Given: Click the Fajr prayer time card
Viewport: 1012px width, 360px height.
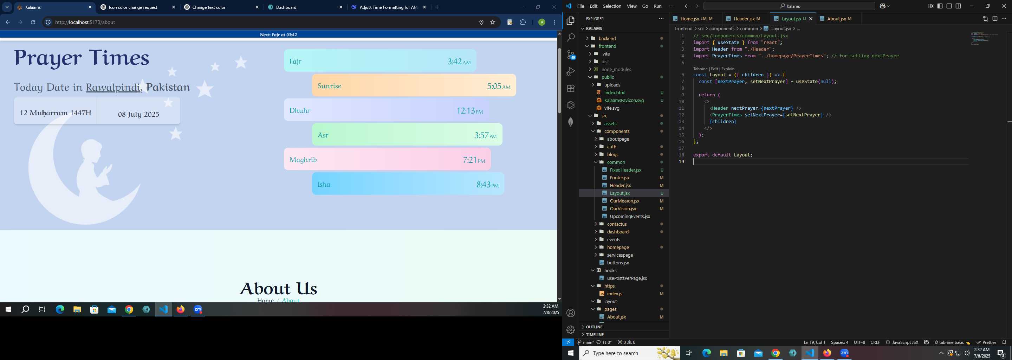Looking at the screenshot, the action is [380, 60].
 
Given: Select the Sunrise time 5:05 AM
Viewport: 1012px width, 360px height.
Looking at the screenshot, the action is [499, 86].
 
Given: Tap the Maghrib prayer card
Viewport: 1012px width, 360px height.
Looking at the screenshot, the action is [387, 159].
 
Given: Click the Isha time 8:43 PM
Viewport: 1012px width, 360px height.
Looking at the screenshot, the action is [487, 184].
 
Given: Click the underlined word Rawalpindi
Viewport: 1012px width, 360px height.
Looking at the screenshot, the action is [113, 87].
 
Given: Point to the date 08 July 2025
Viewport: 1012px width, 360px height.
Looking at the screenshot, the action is [139, 114].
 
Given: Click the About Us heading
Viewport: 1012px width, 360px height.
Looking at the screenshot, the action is [279, 289].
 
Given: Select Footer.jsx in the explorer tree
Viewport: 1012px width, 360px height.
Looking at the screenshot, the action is [619, 178].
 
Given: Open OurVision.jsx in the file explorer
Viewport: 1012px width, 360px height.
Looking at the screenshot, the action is [623, 209].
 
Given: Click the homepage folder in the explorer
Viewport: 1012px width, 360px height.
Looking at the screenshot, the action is [618, 247].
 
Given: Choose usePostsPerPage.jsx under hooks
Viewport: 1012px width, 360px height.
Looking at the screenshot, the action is [627, 278].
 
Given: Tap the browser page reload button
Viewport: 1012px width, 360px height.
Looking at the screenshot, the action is [33, 22].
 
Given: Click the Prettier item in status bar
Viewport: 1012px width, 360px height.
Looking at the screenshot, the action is [986, 342].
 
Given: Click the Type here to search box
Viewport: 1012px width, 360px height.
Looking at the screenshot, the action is [630, 353].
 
